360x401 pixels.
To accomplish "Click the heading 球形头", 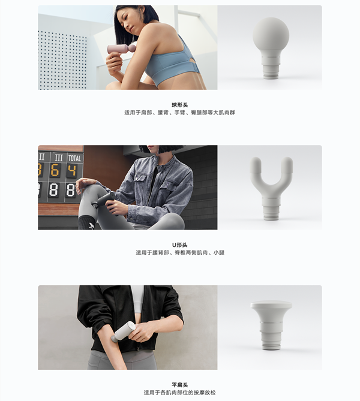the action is tap(180, 105).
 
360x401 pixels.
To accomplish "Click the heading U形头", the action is tap(180, 245).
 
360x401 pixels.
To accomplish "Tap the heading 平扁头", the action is tap(180, 385).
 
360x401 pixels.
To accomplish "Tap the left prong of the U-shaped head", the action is tap(256, 169).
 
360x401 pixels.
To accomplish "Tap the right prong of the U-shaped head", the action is tap(287, 169).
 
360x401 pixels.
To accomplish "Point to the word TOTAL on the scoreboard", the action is tap(74, 158).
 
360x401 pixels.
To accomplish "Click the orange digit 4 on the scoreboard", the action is tap(73, 170).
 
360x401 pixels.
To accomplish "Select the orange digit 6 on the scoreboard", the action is tap(55, 170).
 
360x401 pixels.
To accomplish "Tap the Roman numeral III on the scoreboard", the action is tap(59, 158).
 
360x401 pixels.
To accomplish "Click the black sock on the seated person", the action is tap(86, 222).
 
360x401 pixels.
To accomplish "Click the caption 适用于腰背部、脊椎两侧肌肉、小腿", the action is tap(180, 253).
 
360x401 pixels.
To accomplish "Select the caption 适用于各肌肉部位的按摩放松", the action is tap(180, 393).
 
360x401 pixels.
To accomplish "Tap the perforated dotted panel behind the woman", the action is tap(63, 59).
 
